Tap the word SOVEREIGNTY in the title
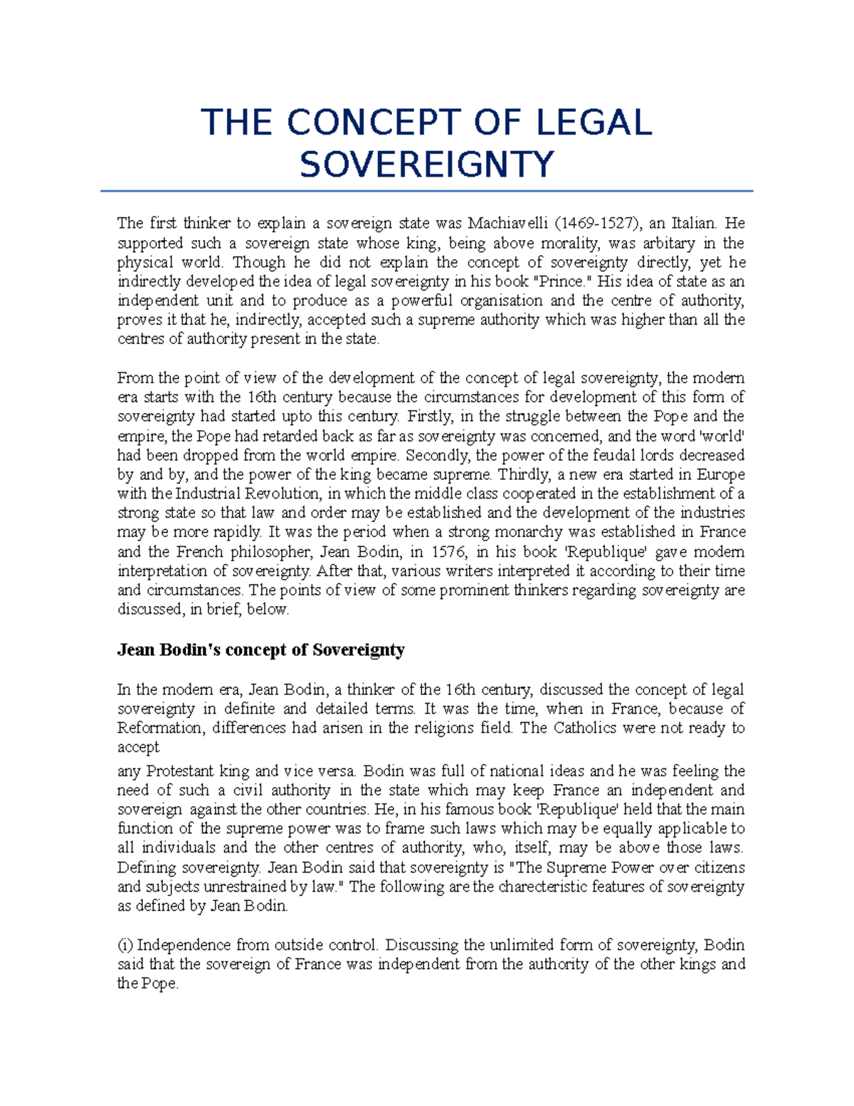pyautogui.click(x=426, y=165)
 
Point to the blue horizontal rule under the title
pyautogui.click(x=426, y=192)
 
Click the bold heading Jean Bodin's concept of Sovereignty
pyautogui.click(x=260, y=649)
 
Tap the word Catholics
pyautogui.click(x=588, y=728)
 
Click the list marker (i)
pyautogui.click(x=125, y=945)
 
